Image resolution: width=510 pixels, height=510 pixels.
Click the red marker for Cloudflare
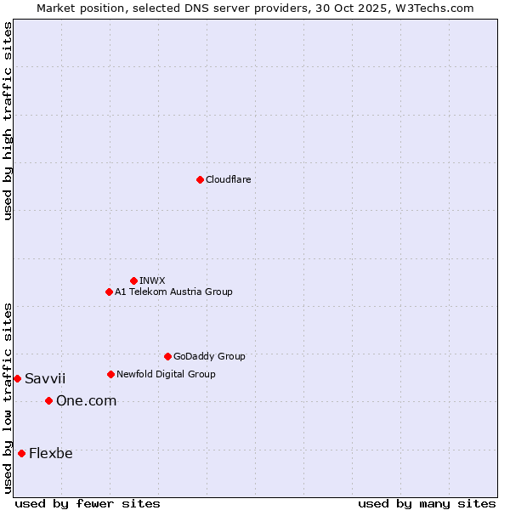point(200,179)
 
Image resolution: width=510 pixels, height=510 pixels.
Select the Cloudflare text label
point(228,179)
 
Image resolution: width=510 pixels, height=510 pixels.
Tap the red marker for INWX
point(133,280)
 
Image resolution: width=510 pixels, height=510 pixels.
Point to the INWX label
point(152,280)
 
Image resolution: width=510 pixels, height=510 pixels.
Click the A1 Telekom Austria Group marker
point(109,292)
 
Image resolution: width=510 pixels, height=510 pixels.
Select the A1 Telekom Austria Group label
point(173,292)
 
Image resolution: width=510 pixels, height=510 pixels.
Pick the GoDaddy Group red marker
point(167,356)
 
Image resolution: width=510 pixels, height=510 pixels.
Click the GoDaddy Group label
point(209,356)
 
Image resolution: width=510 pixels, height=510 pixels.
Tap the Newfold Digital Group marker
point(110,374)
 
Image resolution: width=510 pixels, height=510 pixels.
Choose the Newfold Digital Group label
point(166,374)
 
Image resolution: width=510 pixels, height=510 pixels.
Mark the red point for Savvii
point(17,378)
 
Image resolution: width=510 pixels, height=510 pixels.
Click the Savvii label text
point(45,378)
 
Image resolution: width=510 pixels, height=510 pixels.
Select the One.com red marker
point(48,400)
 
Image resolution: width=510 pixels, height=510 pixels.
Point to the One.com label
point(86,400)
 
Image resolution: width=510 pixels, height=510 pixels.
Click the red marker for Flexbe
point(21,453)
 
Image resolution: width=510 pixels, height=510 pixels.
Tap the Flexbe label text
point(51,453)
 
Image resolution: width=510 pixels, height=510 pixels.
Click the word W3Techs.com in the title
point(438,8)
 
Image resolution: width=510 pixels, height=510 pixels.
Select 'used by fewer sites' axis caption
point(88,503)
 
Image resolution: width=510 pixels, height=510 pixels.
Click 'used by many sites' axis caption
point(427,503)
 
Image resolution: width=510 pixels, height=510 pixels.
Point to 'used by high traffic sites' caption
point(8,121)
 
